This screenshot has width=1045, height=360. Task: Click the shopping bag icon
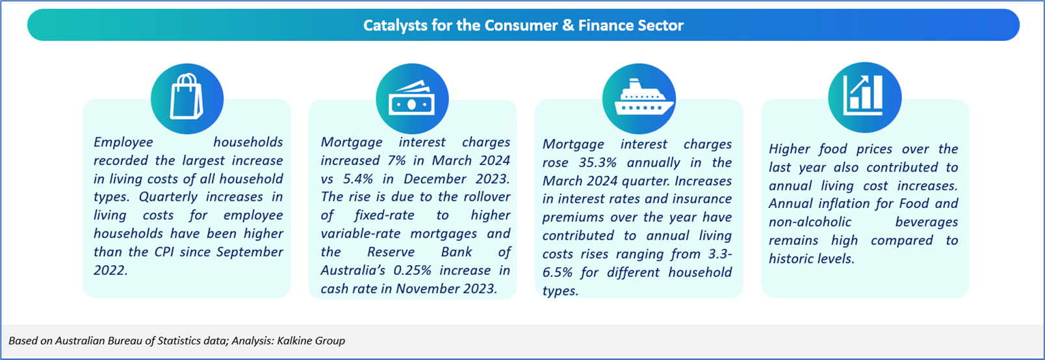(187, 97)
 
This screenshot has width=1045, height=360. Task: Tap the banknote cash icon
(411, 98)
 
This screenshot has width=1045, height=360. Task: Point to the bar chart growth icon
(863, 95)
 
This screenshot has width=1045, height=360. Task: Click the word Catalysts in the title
(394, 25)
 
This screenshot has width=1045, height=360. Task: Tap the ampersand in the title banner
(568, 25)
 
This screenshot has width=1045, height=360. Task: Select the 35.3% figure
(598, 162)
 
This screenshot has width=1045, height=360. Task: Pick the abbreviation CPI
(163, 252)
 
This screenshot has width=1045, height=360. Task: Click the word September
(250, 253)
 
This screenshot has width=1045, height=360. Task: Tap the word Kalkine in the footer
(294, 341)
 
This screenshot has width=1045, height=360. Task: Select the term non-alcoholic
(810, 222)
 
